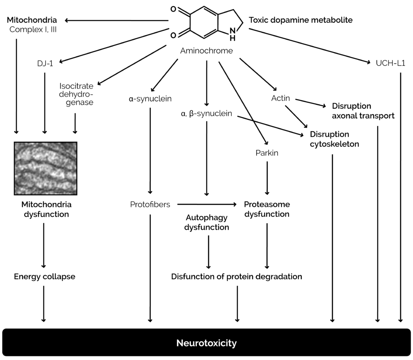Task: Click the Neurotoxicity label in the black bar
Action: coord(206,343)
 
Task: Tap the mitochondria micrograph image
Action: coord(45,168)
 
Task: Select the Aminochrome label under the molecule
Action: coord(206,50)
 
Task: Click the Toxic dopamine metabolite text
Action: coord(300,20)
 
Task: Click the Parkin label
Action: coord(267,153)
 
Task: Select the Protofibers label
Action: coord(150,205)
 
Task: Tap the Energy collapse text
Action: coord(44,277)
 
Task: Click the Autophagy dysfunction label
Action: coord(206,222)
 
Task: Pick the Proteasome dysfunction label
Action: coord(267,209)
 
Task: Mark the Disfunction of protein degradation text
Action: coord(236,277)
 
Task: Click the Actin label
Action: coord(281,98)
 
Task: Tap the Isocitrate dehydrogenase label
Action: coord(76,94)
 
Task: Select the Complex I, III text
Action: coord(33,29)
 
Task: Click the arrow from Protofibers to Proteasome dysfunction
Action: coord(206,205)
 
